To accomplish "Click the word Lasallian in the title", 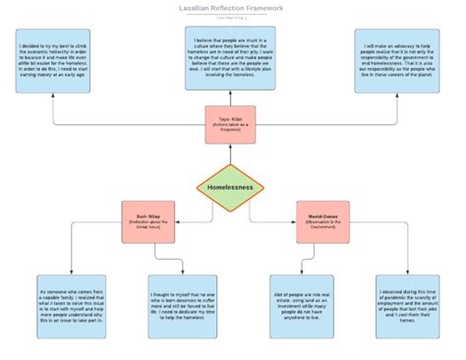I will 199,9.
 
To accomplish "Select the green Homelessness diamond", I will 230,187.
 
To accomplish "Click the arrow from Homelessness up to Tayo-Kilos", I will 230,154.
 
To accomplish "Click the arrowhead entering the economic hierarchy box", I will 54,96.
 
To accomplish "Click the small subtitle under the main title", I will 232,19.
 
